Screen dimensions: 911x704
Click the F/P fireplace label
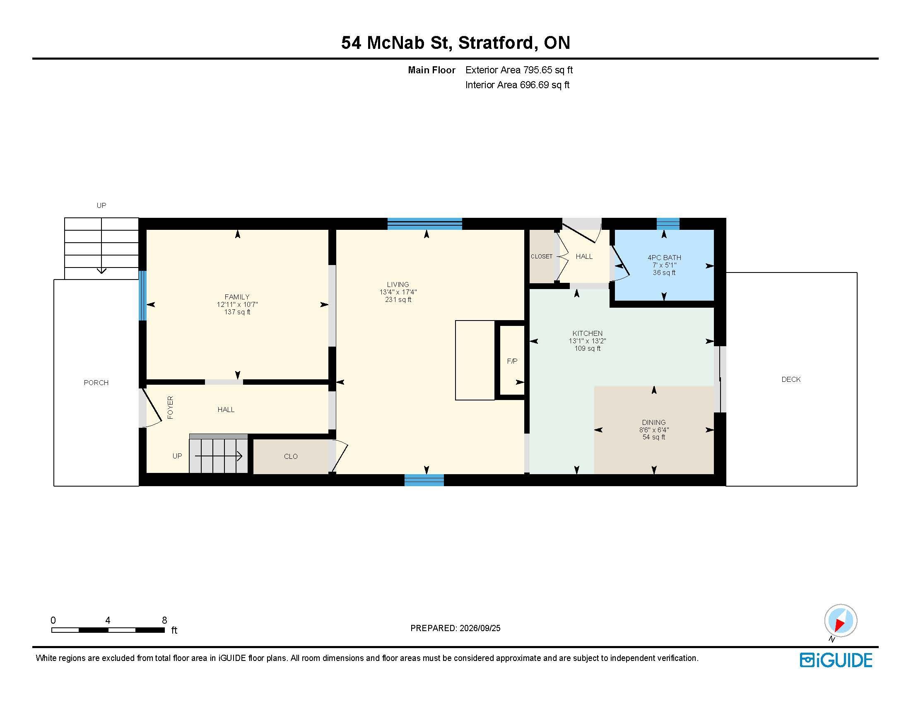click(512, 361)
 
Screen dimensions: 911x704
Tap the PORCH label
click(96, 383)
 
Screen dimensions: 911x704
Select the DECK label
click(791, 379)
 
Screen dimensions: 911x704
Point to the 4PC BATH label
click(664, 257)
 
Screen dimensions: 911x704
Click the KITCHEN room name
click(587, 333)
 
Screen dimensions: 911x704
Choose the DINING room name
click(653, 422)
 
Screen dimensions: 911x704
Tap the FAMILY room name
click(237, 297)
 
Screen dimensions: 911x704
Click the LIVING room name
click(398, 284)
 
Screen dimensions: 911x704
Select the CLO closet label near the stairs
click(291, 456)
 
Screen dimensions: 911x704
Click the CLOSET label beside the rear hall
click(542, 256)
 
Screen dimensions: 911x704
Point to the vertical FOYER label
click(170, 407)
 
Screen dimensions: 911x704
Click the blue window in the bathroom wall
click(668, 224)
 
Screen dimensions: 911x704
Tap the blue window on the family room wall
click(143, 296)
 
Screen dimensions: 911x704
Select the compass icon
click(840, 621)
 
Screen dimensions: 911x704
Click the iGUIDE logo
click(836, 660)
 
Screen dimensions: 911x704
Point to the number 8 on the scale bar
click(164, 620)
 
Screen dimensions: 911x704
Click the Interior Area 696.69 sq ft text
click(517, 85)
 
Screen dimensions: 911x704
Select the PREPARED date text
click(455, 628)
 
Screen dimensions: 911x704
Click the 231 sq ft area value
click(398, 299)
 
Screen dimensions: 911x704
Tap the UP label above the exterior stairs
click(101, 205)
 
